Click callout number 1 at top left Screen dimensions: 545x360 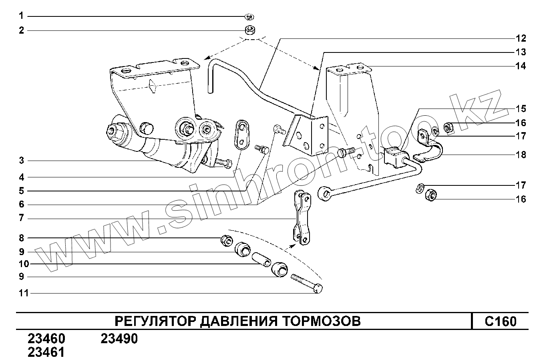point(21,16)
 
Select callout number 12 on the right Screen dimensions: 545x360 point(521,38)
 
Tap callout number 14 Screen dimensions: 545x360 point(521,66)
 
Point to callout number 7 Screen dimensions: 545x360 point(21,218)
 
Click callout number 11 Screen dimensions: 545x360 point(24,293)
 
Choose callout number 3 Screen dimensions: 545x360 point(21,161)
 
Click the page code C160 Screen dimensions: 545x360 point(500,322)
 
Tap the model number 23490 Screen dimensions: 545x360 point(119,339)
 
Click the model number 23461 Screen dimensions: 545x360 point(46,352)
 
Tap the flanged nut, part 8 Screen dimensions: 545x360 point(225,240)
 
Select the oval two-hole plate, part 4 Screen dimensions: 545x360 point(241,134)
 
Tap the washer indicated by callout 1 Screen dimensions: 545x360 point(249,16)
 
